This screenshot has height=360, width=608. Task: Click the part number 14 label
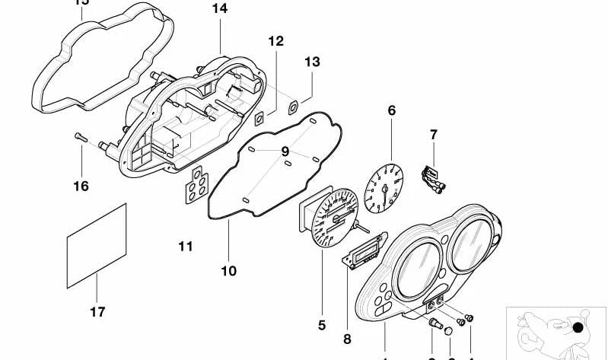[219, 9]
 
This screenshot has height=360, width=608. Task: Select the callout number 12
[275, 41]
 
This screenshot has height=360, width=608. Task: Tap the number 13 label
[313, 62]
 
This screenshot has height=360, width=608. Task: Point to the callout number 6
[392, 111]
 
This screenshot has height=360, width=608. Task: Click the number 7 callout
[433, 135]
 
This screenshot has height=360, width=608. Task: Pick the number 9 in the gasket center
[285, 151]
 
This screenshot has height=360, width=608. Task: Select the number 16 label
[81, 186]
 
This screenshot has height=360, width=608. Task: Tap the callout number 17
[97, 311]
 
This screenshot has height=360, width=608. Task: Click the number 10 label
[229, 270]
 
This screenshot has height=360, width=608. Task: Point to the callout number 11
[186, 247]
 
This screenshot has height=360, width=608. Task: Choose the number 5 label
[321, 325]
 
